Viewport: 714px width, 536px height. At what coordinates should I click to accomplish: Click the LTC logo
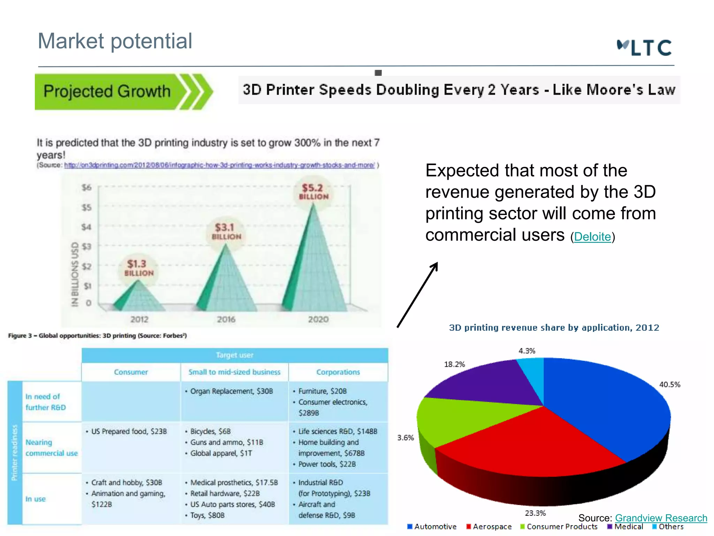(644, 48)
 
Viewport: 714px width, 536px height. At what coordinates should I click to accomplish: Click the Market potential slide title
(115, 41)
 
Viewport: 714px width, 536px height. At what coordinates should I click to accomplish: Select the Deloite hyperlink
(592, 237)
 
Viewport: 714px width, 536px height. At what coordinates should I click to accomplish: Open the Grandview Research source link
(661, 518)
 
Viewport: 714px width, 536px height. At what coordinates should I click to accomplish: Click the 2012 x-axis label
(139, 319)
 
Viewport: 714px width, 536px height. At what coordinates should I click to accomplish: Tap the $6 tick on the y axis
(86, 188)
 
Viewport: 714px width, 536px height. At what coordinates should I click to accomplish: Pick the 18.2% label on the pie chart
(454, 364)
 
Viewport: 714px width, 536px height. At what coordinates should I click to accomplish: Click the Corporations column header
(338, 372)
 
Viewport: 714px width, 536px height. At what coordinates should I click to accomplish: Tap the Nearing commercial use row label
(51, 448)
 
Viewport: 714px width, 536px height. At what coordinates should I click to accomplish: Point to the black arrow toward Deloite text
(417, 295)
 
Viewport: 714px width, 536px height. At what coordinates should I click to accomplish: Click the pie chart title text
(554, 328)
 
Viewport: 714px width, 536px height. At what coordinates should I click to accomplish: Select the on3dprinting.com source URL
(219, 165)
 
